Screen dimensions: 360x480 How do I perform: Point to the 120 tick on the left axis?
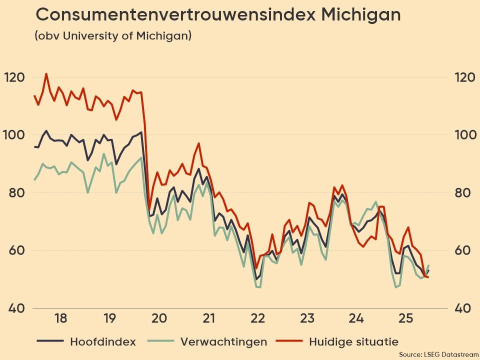[14, 77]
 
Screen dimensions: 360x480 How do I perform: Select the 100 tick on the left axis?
[14, 135]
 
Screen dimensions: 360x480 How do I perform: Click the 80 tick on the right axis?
[464, 192]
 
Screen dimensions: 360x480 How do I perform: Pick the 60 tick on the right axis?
[464, 250]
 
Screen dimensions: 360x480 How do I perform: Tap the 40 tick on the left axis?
[14, 307]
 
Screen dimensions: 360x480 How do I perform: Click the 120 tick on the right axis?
[464, 77]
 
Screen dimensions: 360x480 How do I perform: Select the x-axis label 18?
[60, 318]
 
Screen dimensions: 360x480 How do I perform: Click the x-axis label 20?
[159, 318]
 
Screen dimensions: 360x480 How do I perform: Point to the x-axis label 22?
[257, 318]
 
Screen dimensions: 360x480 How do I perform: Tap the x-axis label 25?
[405, 318]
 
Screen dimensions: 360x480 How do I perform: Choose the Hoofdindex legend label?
[102, 342]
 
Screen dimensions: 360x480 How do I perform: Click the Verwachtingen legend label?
[223, 342]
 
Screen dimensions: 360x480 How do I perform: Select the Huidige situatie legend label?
[353, 342]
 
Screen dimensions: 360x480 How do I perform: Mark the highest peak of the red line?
[46, 74]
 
